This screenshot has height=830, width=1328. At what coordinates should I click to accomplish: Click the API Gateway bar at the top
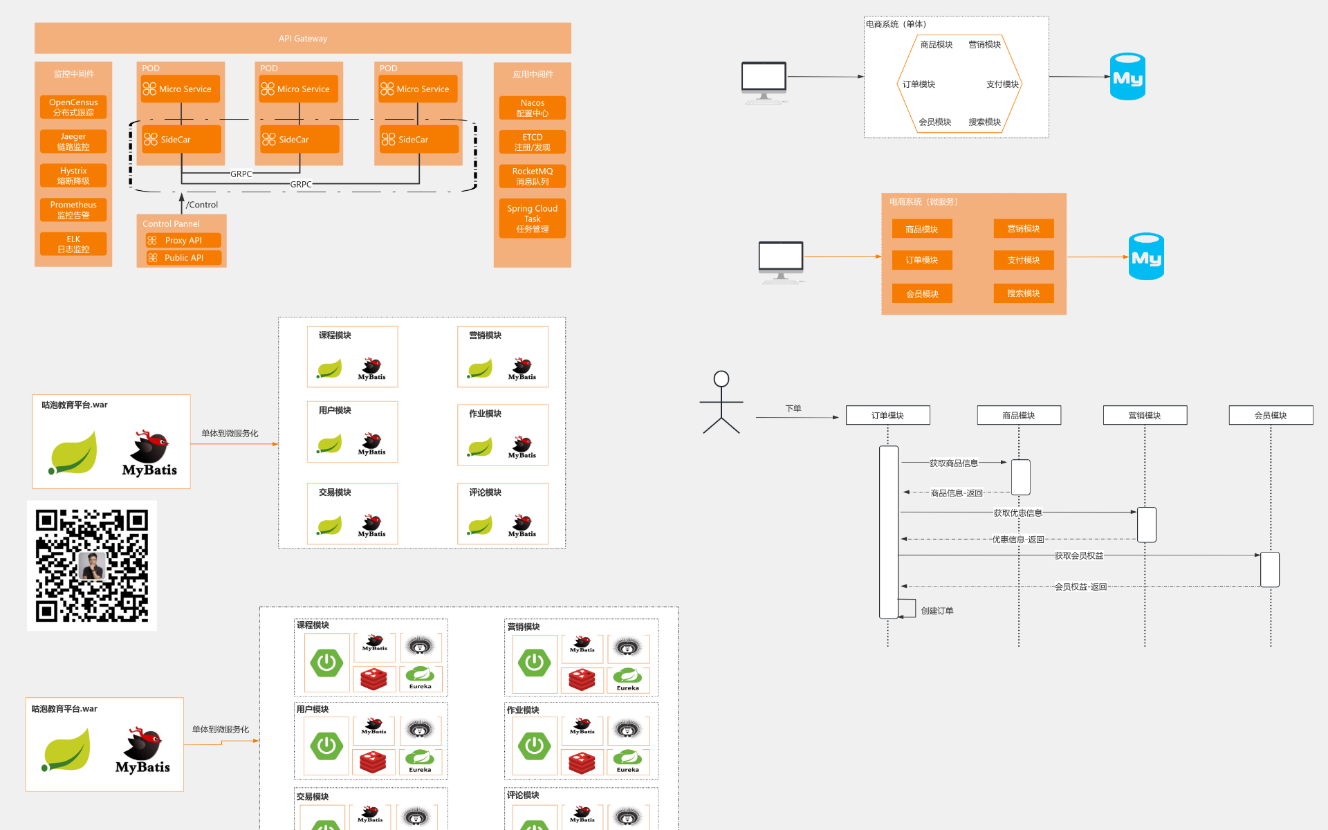(303, 38)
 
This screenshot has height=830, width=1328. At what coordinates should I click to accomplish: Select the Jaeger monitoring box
(73, 142)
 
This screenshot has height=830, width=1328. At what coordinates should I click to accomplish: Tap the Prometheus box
(73, 210)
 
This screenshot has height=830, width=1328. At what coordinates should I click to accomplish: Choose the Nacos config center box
(533, 108)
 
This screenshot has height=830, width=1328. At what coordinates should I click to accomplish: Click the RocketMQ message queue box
(533, 176)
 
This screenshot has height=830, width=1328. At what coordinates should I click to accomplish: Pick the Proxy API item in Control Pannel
(183, 241)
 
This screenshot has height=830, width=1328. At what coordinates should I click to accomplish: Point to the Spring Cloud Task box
(533, 219)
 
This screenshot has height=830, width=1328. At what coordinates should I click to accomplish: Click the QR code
(92, 566)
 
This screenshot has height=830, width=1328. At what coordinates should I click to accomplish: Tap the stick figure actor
(721, 403)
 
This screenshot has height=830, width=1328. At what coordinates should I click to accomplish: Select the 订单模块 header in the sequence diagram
(887, 415)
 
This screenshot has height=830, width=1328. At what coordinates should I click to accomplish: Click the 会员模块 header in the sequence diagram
(1271, 415)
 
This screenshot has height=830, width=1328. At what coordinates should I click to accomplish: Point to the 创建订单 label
(937, 611)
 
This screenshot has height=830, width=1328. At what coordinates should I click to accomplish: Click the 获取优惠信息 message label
(1017, 513)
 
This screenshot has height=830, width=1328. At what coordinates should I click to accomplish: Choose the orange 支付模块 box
(1024, 260)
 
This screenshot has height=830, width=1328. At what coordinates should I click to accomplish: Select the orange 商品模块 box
(922, 229)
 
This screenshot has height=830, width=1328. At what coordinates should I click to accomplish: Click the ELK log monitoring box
(73, 244)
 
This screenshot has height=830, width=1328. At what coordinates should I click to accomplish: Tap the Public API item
(183, 258)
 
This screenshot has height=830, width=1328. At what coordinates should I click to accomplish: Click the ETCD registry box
(533, 142)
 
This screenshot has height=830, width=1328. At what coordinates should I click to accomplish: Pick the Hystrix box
(73, 176)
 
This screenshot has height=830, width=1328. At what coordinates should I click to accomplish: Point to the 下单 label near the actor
(793, 409)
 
